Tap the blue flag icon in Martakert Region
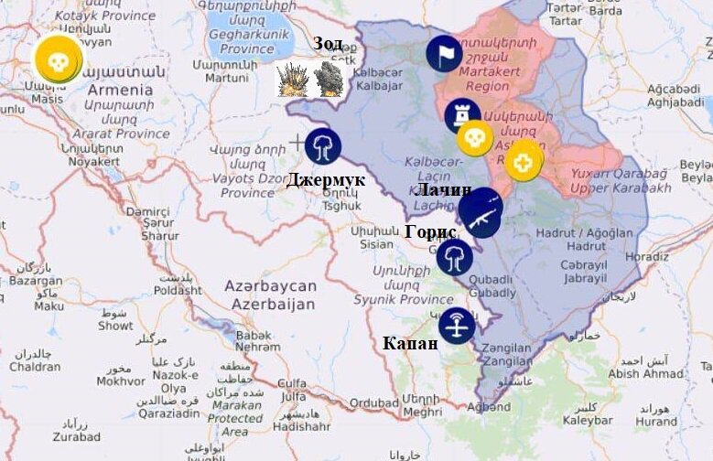coord(444,54)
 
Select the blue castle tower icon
coord(462,115)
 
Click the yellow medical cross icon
coord(524,162)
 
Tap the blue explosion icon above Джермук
coord(322,145)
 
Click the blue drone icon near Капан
coord(456,326)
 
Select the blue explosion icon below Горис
coord(454,257)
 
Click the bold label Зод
coord(328,44)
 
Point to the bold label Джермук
coord(325,180)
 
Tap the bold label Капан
coord(410,343)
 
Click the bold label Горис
coord(430,232)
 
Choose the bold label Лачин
coord(443,190)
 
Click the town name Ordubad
coord(373,402)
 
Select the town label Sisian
coord(376,244)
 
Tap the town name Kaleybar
coord(587,420)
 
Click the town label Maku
coord(49,306)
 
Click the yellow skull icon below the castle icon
coord(474,138)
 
